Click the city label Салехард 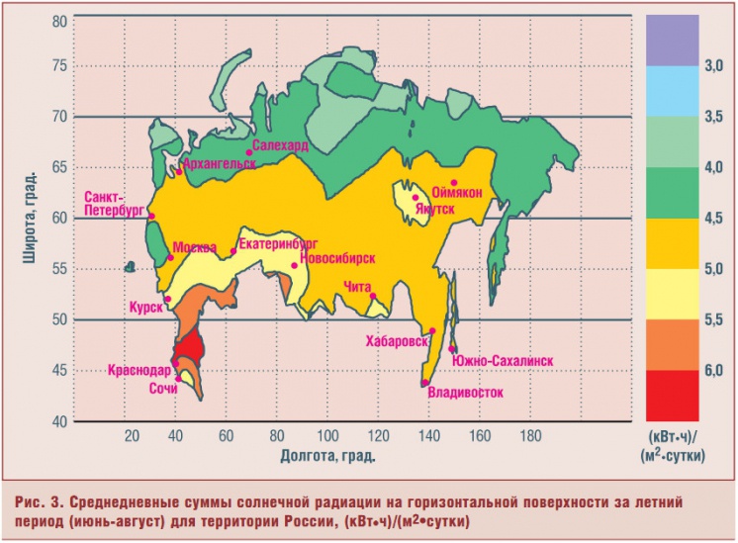282,145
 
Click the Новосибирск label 338,258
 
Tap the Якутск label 435,210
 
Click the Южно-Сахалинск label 502,361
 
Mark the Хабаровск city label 396,341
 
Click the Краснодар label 139,370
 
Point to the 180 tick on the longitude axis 532,436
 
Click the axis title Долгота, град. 327,456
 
